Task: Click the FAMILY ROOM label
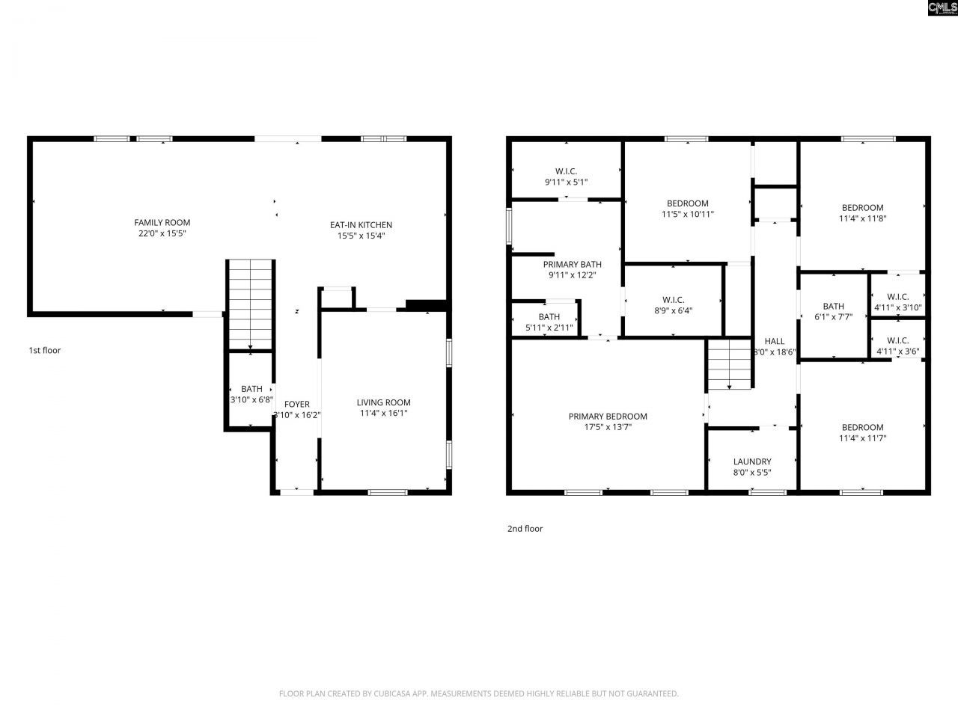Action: point(162,222)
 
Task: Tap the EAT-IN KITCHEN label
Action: point(361,225)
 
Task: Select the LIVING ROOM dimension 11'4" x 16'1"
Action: point(383,413)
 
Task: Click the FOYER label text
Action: point(297,404)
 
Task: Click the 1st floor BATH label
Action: point(251,389)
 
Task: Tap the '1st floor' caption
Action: point(45,350)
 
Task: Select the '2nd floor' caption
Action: point(525,529)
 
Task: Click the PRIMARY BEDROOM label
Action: point(608,417)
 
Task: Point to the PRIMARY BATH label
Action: point(572,264)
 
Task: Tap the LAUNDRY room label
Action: point(752,461)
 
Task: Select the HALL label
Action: point(775,341)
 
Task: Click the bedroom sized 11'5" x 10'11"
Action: point(687,209)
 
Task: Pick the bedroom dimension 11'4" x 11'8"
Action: point(862,218)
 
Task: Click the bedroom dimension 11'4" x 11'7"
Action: point(862,438)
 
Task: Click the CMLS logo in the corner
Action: point(942,8)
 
